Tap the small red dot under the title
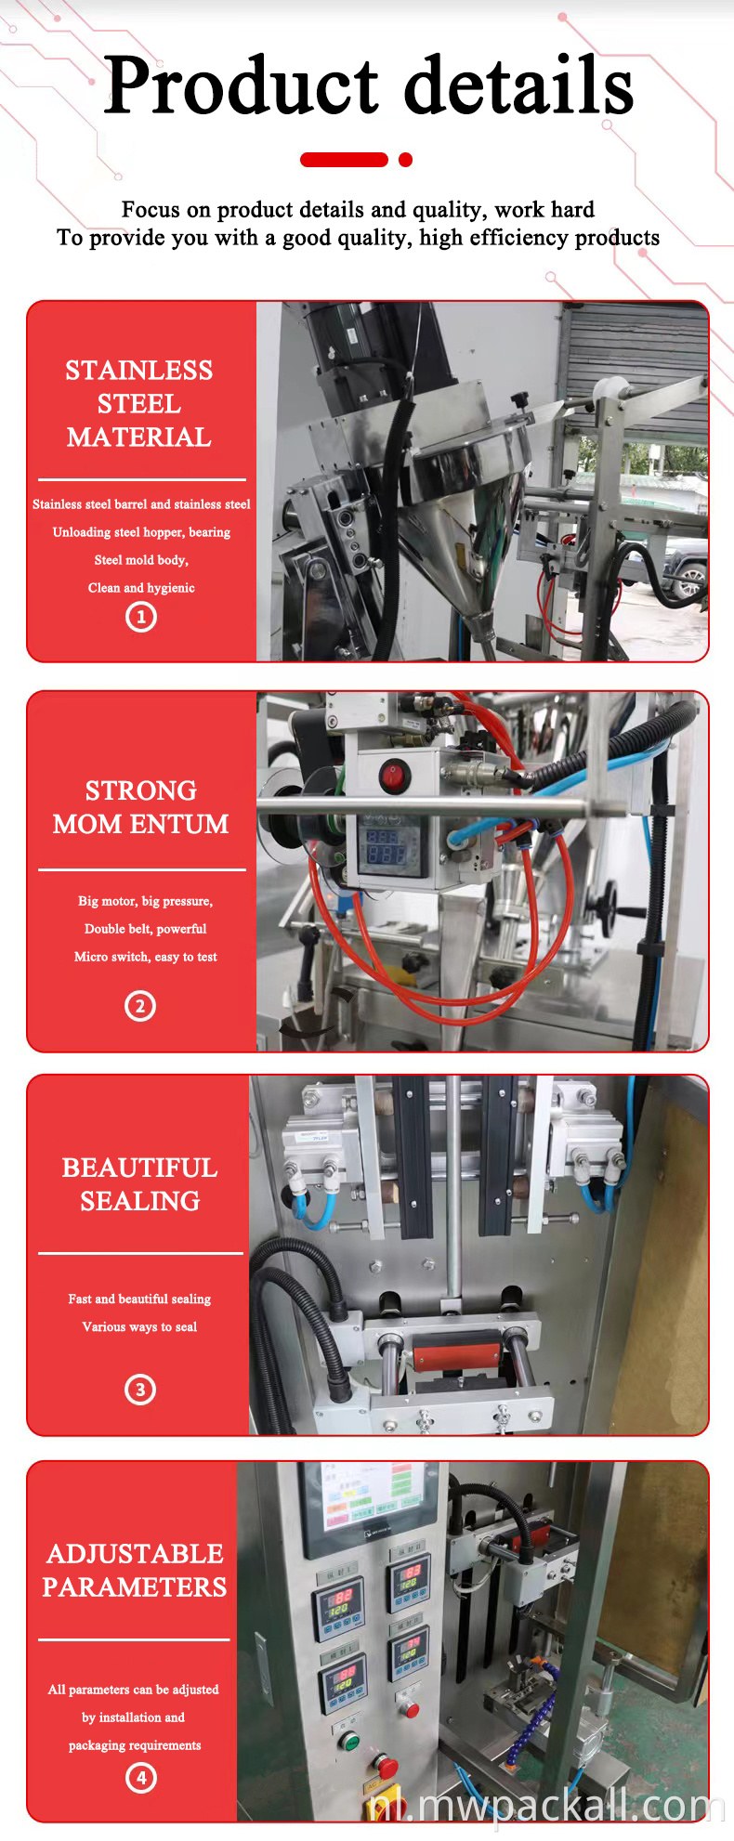click(x=405, y=160)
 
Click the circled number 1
click(x=141, y=617)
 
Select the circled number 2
click(x=140, y=1006)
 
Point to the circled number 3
click(x=140, y=1390)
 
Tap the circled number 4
click(x=141, y=1778)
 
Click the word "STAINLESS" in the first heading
click(x=139, y=371)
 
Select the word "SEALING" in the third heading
click(x=140, y=1201)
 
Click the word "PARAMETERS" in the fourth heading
click(x=135, y=1587)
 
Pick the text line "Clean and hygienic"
click(x=141, y=588)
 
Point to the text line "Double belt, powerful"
click(x=146, y=929)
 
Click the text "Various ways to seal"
click(x=139, y=1326)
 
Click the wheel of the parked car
click(x=689, y=582)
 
